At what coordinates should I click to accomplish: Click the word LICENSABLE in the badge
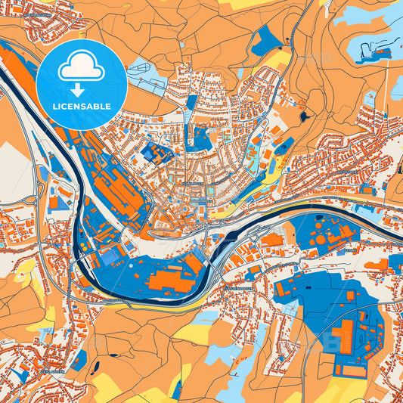(x=82, y=106)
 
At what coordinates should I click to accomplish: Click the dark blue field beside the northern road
(x=265, y=42)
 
